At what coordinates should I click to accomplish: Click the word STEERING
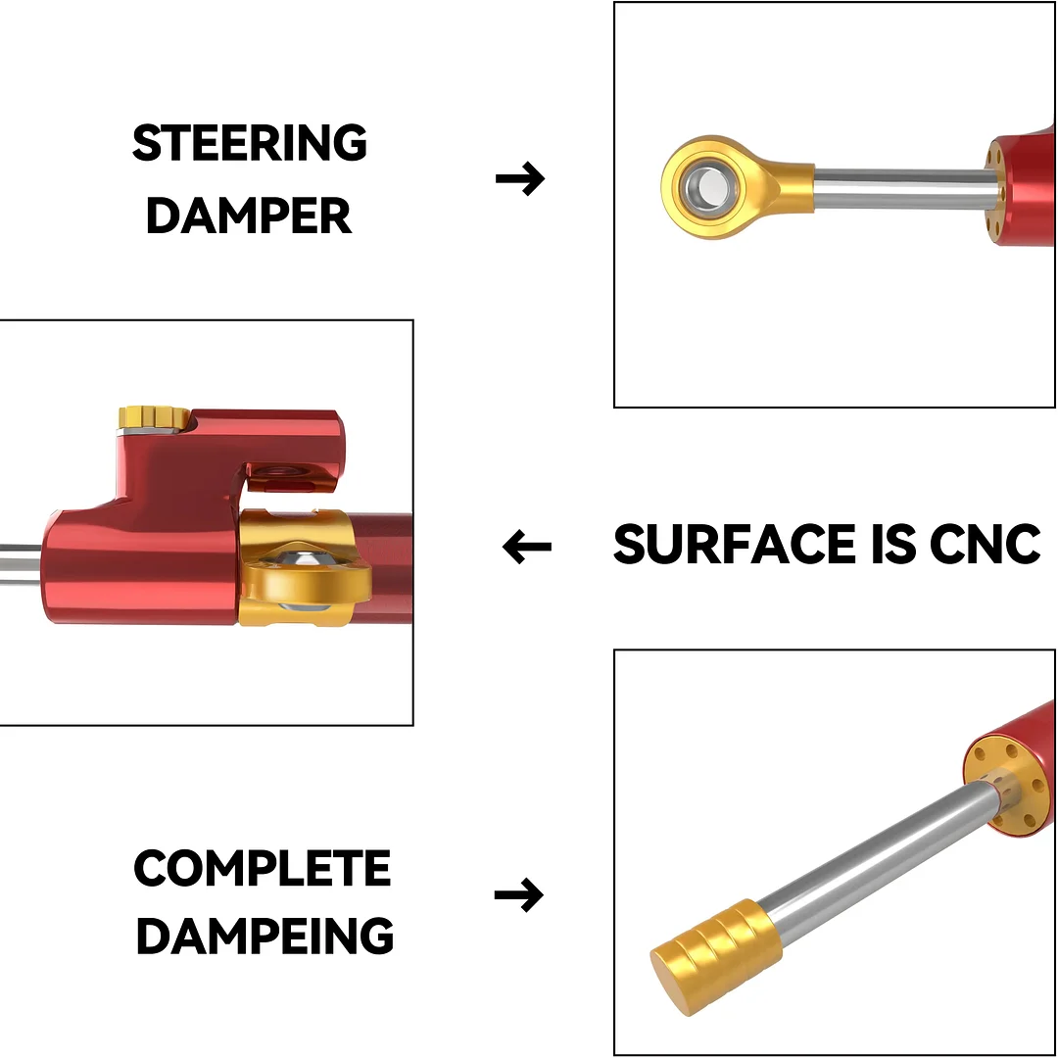click(x=250, y=143)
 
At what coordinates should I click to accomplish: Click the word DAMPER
click(x=249, y=216)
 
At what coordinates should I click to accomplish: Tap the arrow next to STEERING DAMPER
click(x=519, y=179)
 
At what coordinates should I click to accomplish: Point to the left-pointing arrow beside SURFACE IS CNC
click(x=526, y=547)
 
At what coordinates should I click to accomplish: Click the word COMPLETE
click(x=263, y=870)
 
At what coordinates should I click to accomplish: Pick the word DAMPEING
click(x=264, y=937)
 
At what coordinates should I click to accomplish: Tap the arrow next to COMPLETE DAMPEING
click(x=518, y=895)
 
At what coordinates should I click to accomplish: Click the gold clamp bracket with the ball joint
click(x=305, y=579)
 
